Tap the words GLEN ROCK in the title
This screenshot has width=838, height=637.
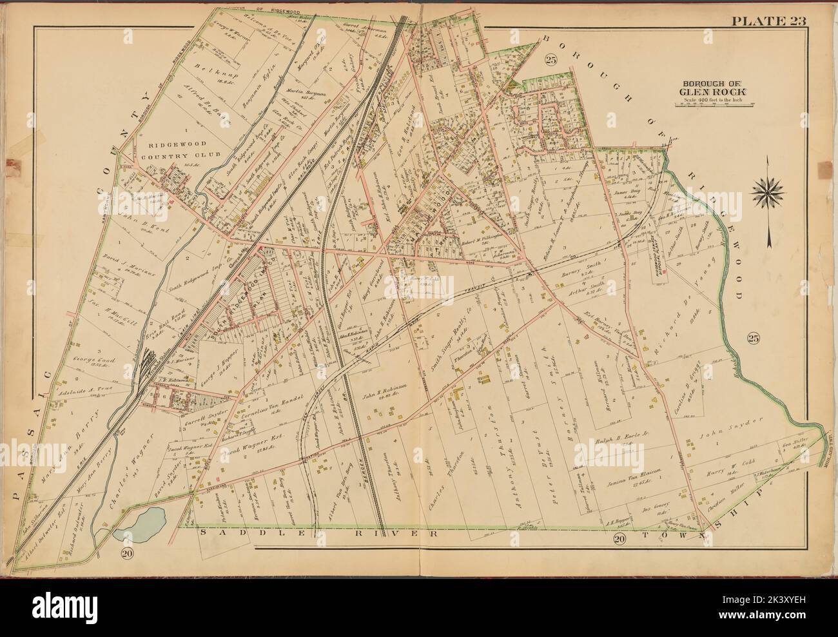[x=707, y=91]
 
